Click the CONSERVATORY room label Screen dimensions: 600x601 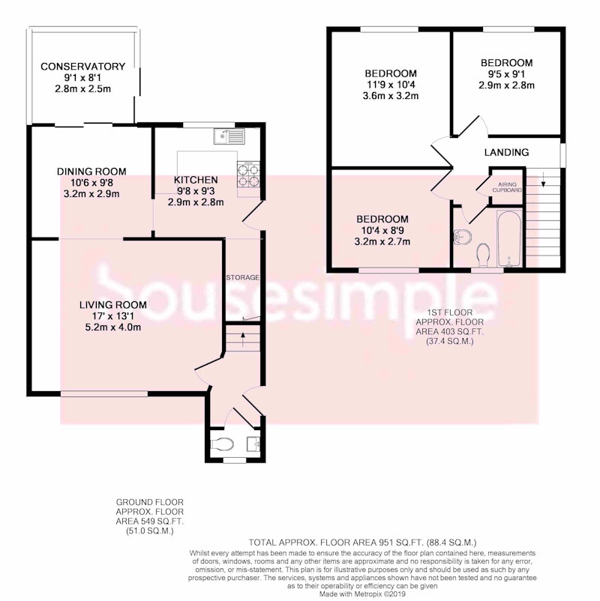[82, 67]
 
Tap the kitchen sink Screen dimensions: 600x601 [229, 136]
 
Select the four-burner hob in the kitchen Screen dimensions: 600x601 [247, 175]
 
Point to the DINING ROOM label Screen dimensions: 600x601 [91, 172]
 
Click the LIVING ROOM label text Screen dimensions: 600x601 [112, 305]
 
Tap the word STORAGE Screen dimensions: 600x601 [242, 277]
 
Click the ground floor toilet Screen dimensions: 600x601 [222, 444]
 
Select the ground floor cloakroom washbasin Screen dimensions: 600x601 [253, 444]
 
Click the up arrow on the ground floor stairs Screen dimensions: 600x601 [243, 339]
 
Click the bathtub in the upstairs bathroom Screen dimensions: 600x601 [509, 238]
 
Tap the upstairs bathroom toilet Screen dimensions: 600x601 [483, 255]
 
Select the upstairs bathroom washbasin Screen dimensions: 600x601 [462, 238]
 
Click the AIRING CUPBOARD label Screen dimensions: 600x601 [507, 187]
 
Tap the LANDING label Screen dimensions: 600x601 [506, 153]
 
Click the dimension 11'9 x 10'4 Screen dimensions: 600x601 [391, 85]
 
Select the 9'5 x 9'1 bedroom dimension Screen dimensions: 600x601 [506, 74]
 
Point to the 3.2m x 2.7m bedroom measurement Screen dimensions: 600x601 [382, 242]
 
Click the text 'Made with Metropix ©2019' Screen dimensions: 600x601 [362, 594]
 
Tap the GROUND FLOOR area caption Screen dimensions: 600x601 [150, 516]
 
